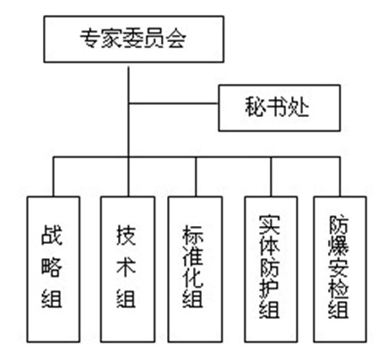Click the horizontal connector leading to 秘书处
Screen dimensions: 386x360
click(173, 104)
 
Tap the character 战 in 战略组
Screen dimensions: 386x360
click(52, 234)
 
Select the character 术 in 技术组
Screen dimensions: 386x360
click(126, 265)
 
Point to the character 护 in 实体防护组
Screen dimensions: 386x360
click(269, 287)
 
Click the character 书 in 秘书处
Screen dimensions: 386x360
click(277, 107)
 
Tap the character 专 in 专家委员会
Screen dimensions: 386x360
click(90, 38)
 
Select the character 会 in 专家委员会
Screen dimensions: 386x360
click(176, 38)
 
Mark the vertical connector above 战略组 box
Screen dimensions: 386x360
click(54, 177)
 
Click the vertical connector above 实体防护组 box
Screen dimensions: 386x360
click(271, 177)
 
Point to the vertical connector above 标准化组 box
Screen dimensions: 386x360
click(196, 177)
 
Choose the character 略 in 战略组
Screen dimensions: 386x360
click(52, 266)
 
